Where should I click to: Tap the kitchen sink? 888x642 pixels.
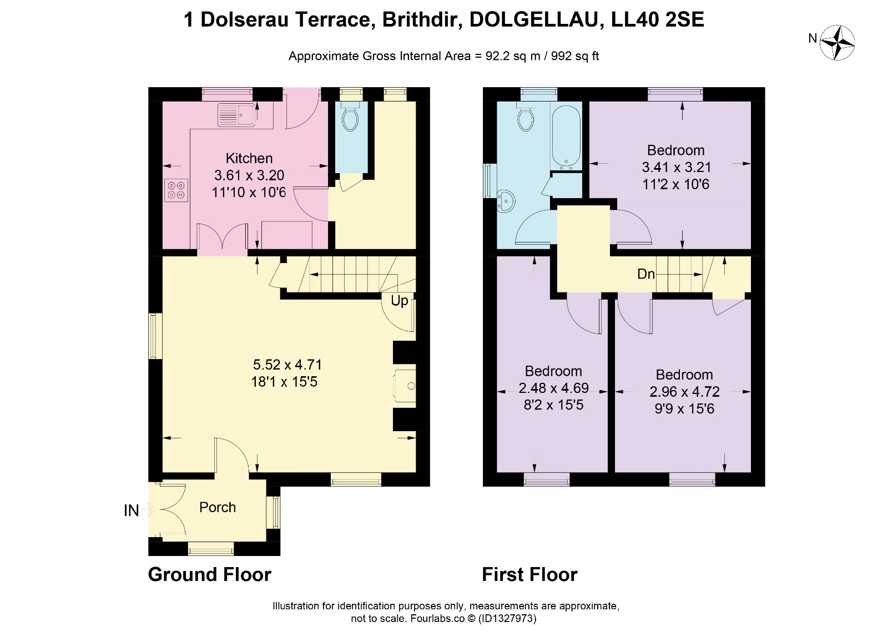coord(236,115)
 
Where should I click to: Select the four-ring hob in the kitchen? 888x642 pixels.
coord(176,190)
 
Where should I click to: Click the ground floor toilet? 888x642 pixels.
coord(350,117)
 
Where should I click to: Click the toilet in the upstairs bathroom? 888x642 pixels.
coord(526,117)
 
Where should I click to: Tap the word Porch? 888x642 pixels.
coord(217,507)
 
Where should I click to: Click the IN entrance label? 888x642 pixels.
coord(131,511)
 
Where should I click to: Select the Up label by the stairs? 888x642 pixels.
coord(399,301)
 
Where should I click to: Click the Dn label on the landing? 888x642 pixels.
coord(646,274)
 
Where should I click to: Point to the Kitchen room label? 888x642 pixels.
coord(249,158)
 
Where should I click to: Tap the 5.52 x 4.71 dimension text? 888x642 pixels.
coord(287,364)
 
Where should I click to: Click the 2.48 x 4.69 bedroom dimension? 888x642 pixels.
coord(553,388)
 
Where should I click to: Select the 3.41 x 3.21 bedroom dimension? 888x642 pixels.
coord(677,167)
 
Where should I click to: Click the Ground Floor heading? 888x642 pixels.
coord(210,574)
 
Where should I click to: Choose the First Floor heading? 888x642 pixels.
coord(529,574)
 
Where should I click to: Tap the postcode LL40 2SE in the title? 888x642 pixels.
coord(658,20)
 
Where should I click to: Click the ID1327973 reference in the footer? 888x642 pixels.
coord(507,618)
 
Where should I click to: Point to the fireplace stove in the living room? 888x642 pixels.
coord(405,386)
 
